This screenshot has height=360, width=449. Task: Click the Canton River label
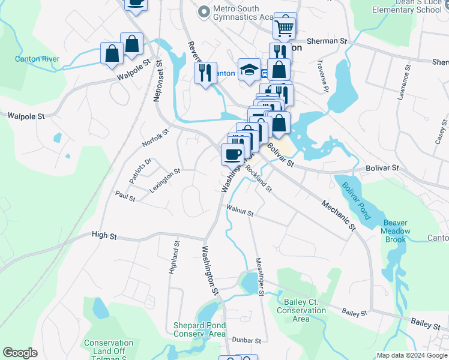(x=37, y=59)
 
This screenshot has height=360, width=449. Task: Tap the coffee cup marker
(x=232, y=154)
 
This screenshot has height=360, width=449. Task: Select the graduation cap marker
(x=249, y=70)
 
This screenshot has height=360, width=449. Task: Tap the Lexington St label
(x=165, y=180)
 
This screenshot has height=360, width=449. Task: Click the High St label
(x=104, y=236)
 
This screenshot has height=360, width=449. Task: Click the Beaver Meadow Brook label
(x=396, y=231)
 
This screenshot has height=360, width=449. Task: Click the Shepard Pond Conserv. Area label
(x=199, y=329)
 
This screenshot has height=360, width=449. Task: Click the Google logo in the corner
(x=20, y=353)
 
